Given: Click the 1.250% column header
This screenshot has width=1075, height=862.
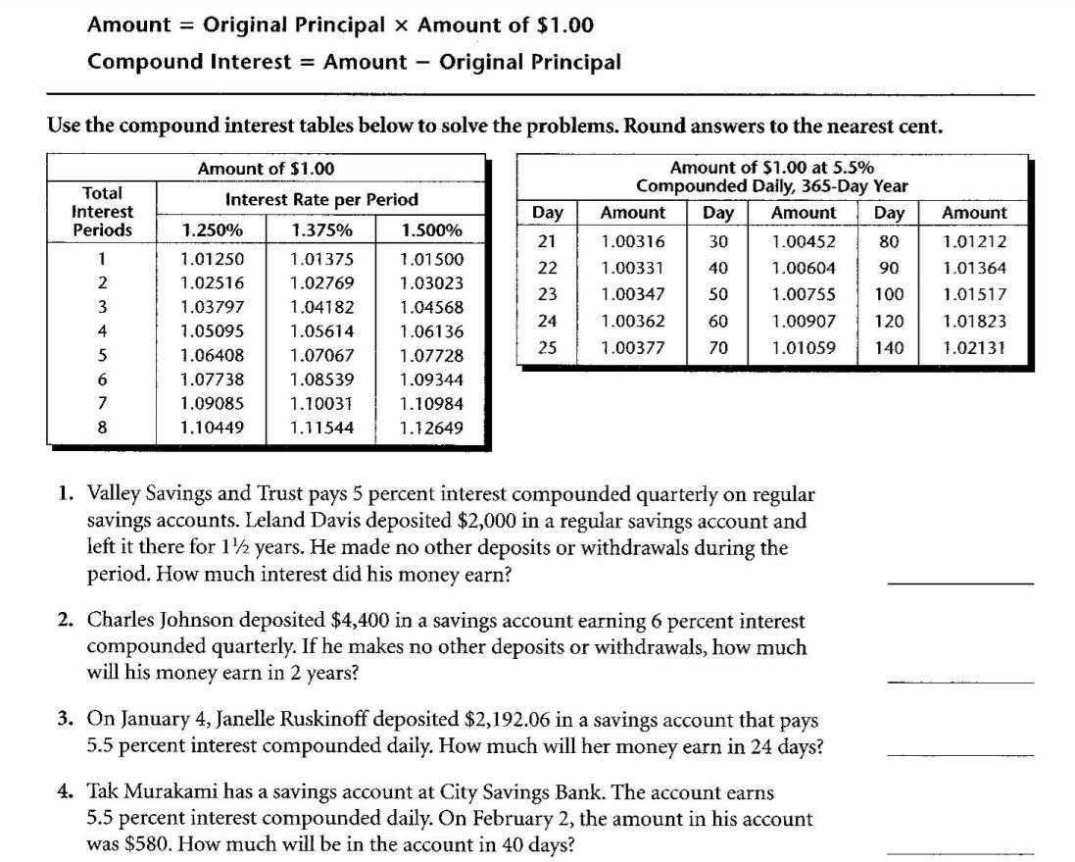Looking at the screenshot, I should pos(212,230).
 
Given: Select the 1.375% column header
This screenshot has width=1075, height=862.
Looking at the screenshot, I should pos(321,230).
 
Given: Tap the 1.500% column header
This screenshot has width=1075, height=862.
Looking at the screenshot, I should pos(431,230).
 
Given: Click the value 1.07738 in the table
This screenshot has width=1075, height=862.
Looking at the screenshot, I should pos(212,380).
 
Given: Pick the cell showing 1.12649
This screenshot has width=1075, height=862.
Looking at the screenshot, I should pos(431,428).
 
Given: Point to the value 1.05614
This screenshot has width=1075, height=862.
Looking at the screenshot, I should pos(321,331).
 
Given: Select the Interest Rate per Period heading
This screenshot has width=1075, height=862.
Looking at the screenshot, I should pos(321,199).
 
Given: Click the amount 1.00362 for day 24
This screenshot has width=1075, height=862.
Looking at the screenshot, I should pos(633,321).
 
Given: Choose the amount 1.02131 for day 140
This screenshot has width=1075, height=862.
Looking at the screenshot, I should pos(974,347).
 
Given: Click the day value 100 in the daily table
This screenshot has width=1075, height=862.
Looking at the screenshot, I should pos(889,294).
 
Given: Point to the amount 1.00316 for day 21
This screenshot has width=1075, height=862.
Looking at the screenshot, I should pos(633,241).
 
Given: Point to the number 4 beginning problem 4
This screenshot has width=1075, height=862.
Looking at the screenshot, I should pos(64,792).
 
